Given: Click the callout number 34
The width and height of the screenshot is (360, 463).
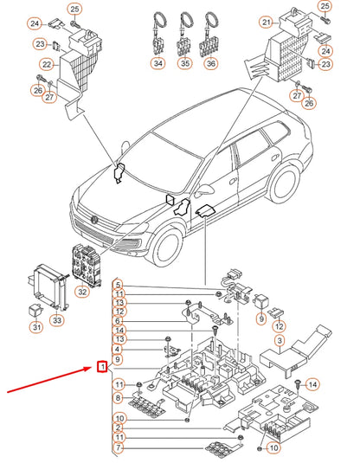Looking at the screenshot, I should pyautogui.click(x=157, y=64).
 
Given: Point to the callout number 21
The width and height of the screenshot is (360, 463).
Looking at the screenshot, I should pyautogui.click(x=267, y=22).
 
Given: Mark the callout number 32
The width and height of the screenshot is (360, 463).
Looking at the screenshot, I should pyautogui.click(x=83, y=292).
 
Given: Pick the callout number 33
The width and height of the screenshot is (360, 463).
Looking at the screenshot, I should pyautogui.click(x=57, y=321).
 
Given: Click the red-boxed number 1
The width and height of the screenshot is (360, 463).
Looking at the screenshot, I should pyautogui.click(x=103, y=367).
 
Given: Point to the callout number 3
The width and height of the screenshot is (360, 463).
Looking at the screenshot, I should pyautogui.click(x=279, y=342).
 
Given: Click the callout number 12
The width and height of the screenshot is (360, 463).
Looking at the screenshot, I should pyautogui.click(x=279, y=326).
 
